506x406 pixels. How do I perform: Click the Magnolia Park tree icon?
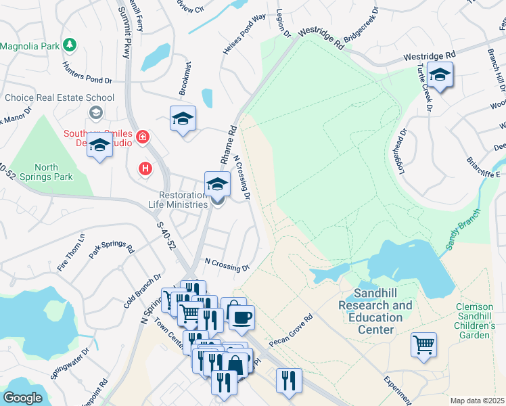point(69,45)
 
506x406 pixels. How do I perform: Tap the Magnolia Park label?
point(30,46)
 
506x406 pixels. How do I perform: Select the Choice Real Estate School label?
point(60,97)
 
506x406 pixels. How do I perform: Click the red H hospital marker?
point(145,168)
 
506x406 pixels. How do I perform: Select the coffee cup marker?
point(241,316)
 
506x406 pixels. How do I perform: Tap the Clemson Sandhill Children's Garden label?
point(474,321)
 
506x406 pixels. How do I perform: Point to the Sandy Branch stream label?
point(463,233)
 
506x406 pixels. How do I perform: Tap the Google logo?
point(22,398)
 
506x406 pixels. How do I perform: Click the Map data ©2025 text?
point(477,401)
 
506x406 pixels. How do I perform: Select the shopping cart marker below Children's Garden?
point(423,344)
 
